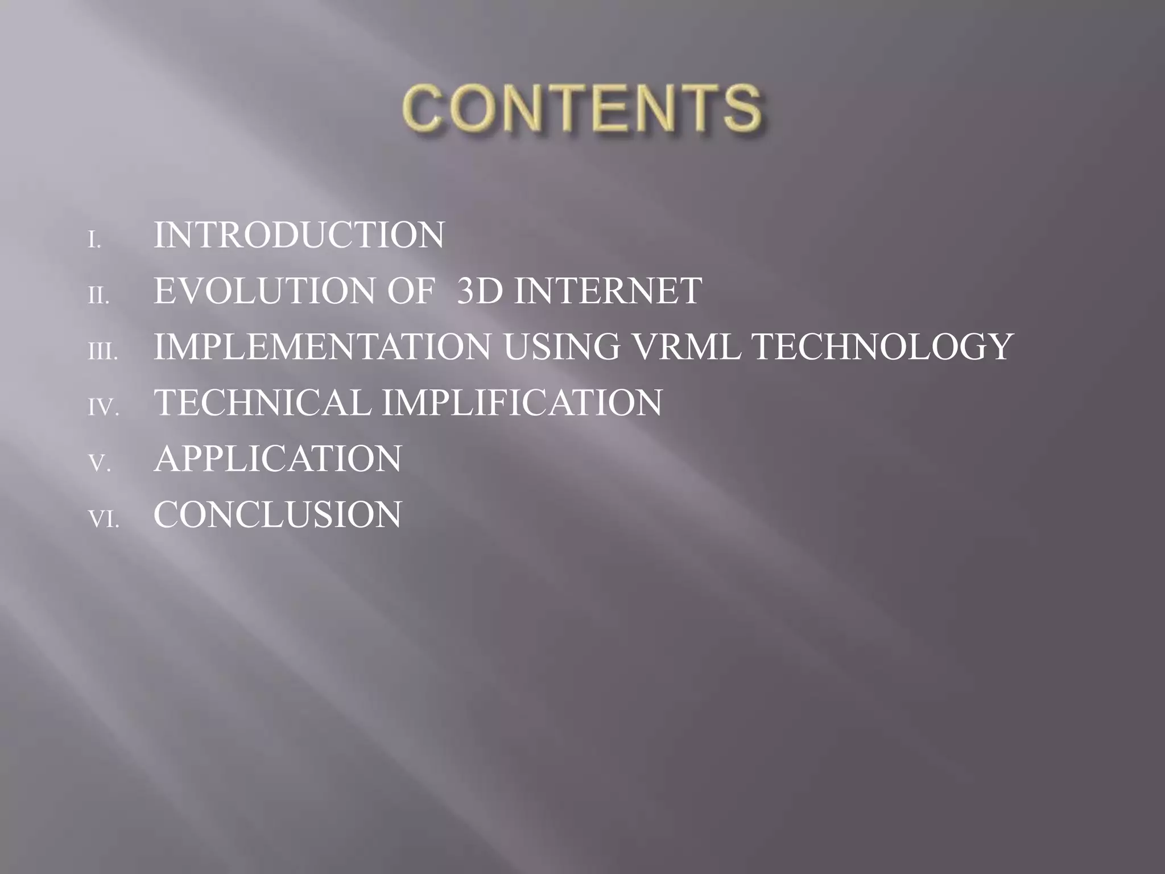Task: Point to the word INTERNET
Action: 608,291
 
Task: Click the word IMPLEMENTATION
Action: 322,347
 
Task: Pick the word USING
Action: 561,347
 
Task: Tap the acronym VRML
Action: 685,347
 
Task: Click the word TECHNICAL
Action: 263,402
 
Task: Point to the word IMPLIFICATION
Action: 522,402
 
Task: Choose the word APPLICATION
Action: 278,458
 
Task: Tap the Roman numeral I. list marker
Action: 94,241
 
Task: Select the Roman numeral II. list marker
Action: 98,296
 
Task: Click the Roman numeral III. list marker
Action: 102,352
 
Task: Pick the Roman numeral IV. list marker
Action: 103,408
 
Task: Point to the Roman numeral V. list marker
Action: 99,464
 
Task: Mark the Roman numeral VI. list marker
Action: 103,520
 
